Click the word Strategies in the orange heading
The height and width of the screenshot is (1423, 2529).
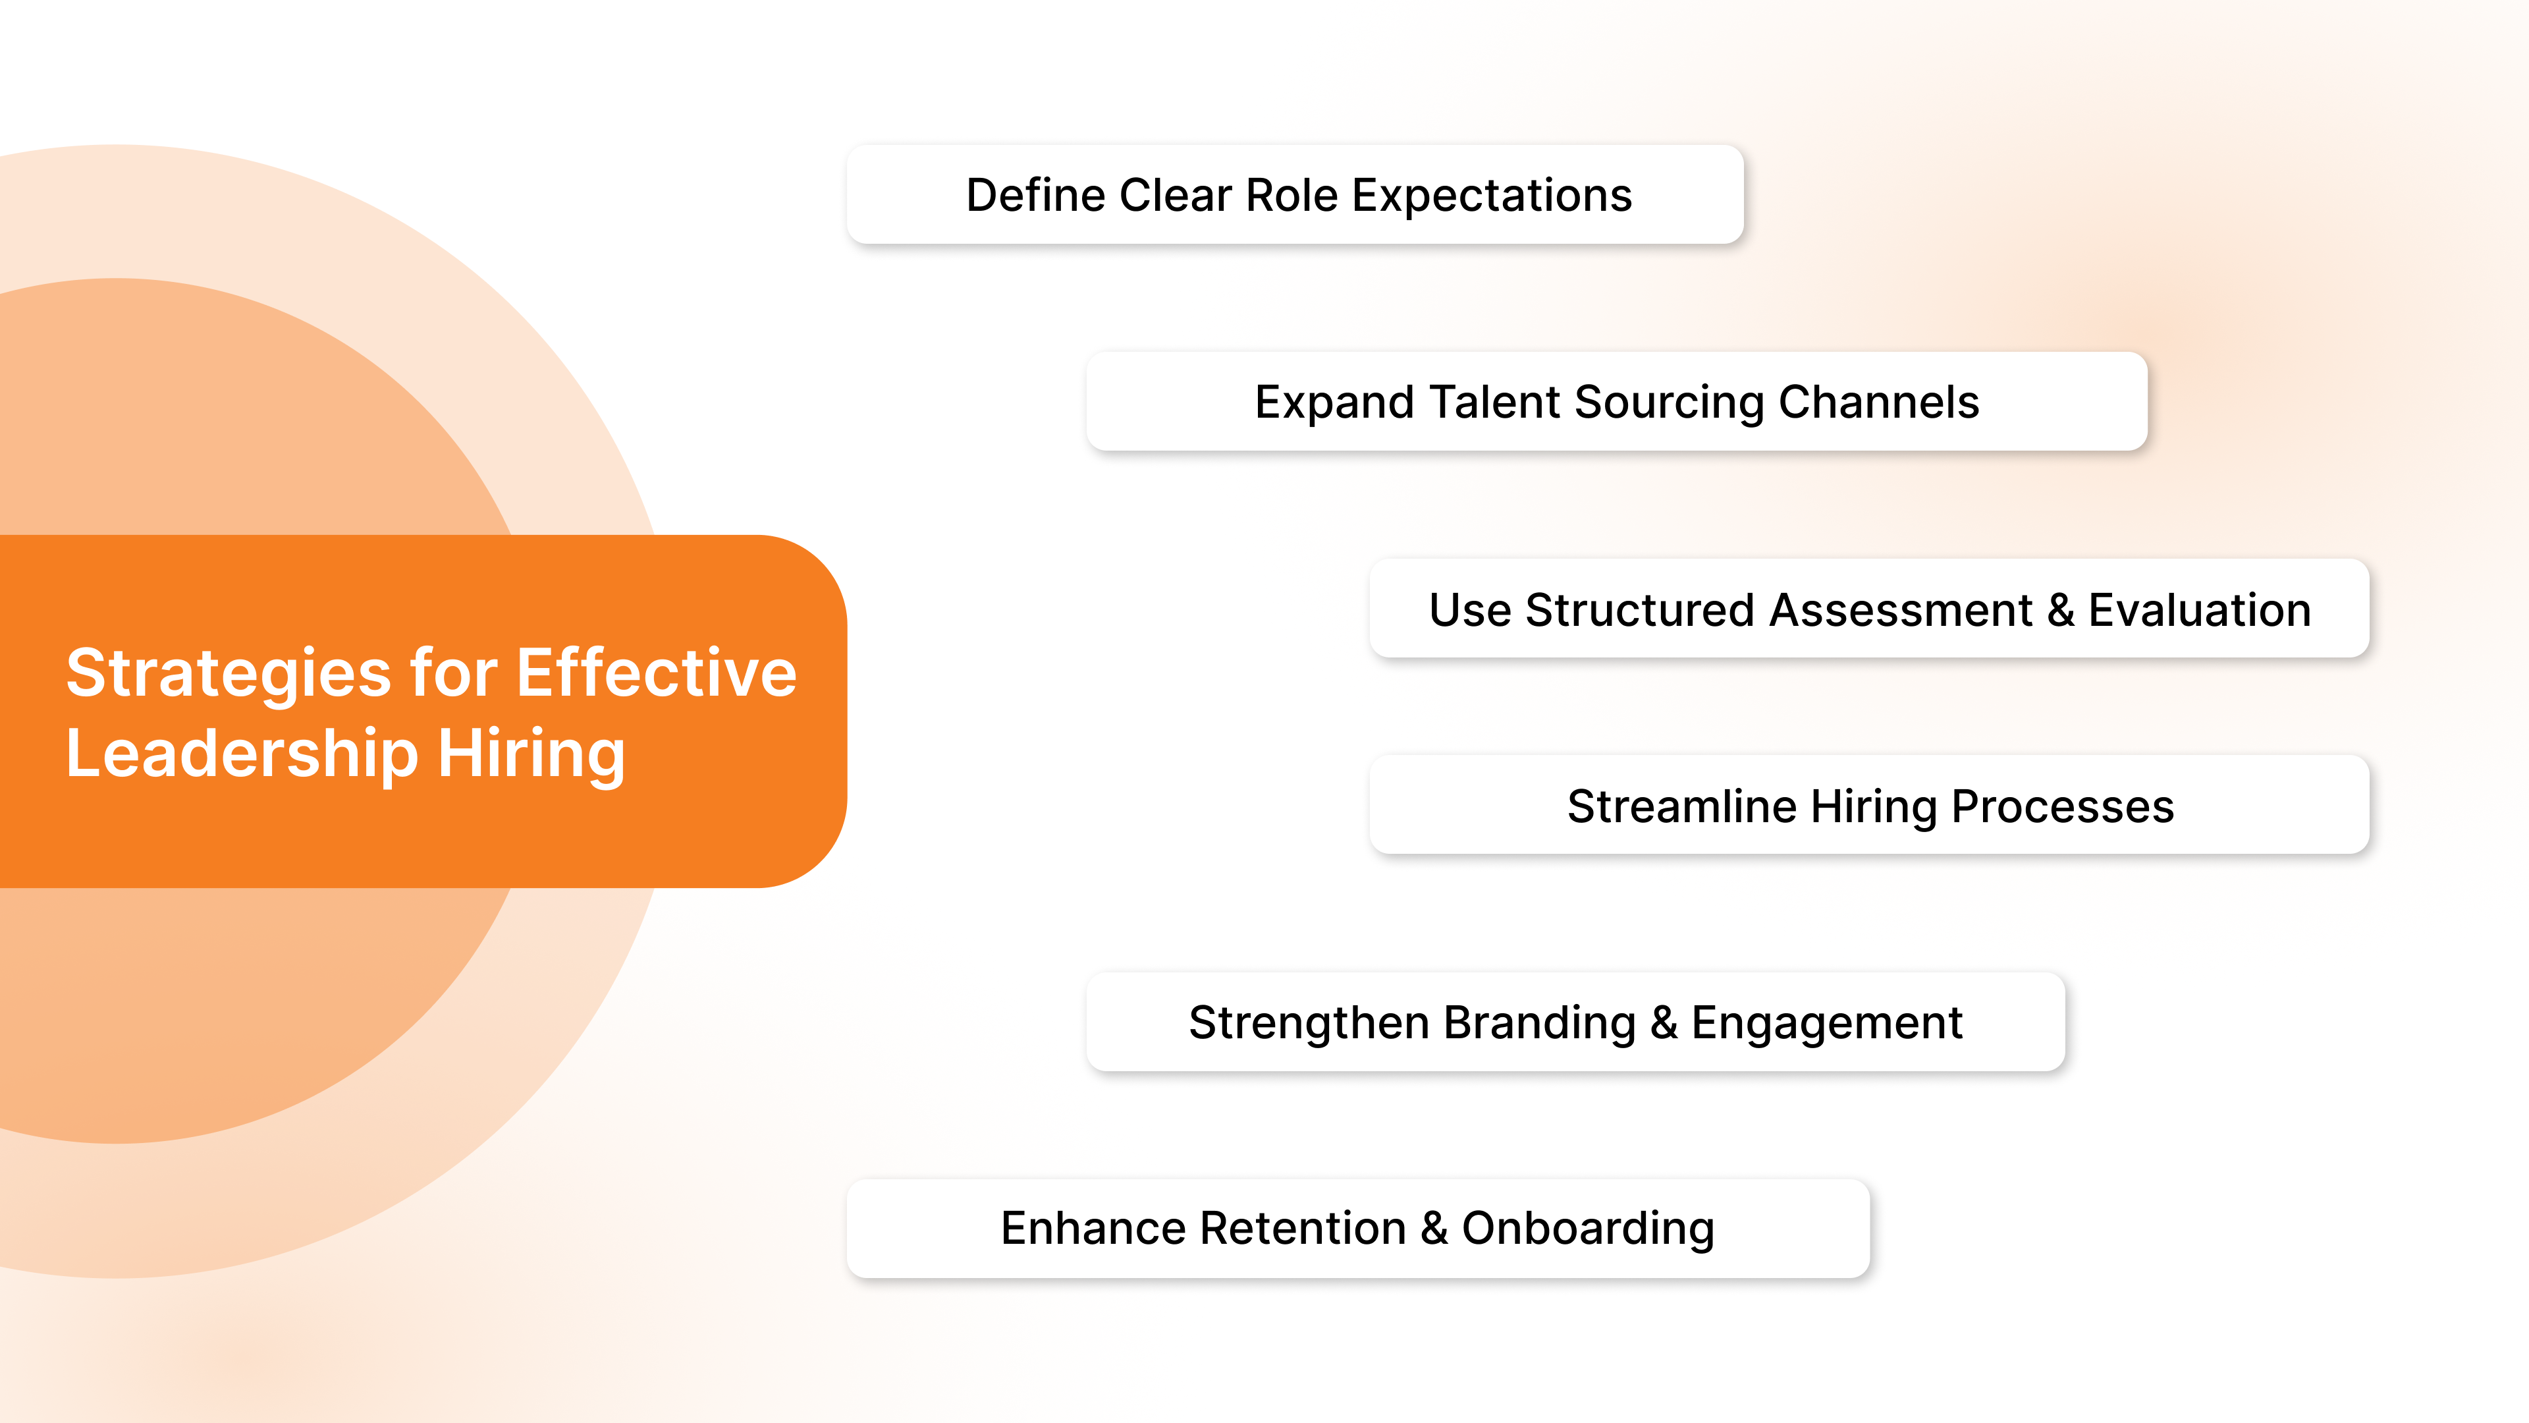[x=228, y=675]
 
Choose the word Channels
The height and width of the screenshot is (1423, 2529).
[x=1878, y=402]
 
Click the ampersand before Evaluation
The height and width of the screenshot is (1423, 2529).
[x=2059, y=610]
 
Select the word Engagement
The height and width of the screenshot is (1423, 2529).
[x=1826, y=1022]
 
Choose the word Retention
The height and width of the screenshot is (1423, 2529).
[x=1303, y=1227]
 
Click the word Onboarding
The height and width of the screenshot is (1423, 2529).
[x=1587, y=1227]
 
